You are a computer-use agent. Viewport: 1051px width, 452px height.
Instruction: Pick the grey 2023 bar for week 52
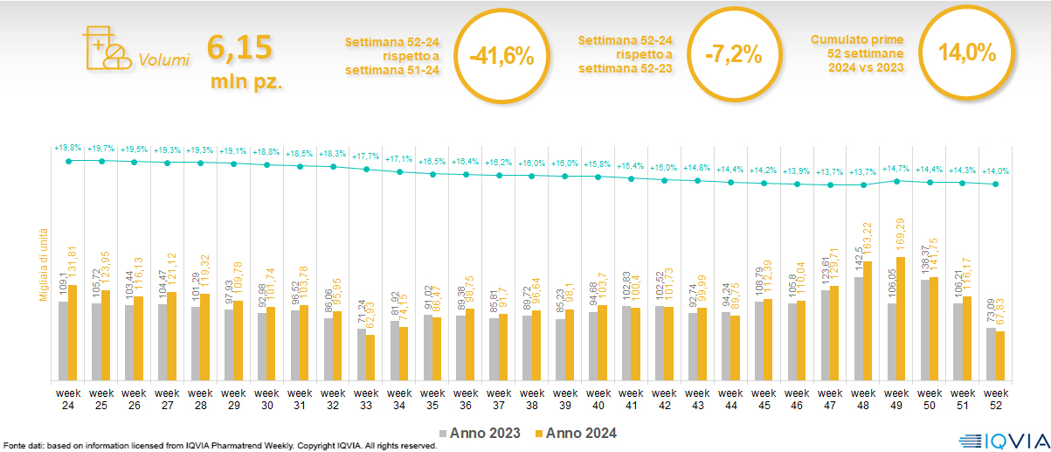click(x=992, y=353)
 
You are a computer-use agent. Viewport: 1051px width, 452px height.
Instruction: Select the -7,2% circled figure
click(x=733, y=57)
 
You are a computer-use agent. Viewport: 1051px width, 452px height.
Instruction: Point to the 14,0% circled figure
click(x=966, y=52)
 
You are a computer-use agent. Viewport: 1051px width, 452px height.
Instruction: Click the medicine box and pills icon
click(x=103, y=47)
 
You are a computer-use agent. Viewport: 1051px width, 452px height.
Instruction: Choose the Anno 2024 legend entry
click(x=576, y=433)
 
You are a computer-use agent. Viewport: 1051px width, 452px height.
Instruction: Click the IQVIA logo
click(x=999, y=439)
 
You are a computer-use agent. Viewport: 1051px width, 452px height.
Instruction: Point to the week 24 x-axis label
click(x=67, y=399)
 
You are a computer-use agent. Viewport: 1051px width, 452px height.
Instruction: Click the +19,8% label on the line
click(x=67, y=148)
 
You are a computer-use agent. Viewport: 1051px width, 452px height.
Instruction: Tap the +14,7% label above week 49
click(x=896, y=168)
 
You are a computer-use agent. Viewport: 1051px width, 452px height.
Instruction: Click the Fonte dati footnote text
click(x=218, y=446)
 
